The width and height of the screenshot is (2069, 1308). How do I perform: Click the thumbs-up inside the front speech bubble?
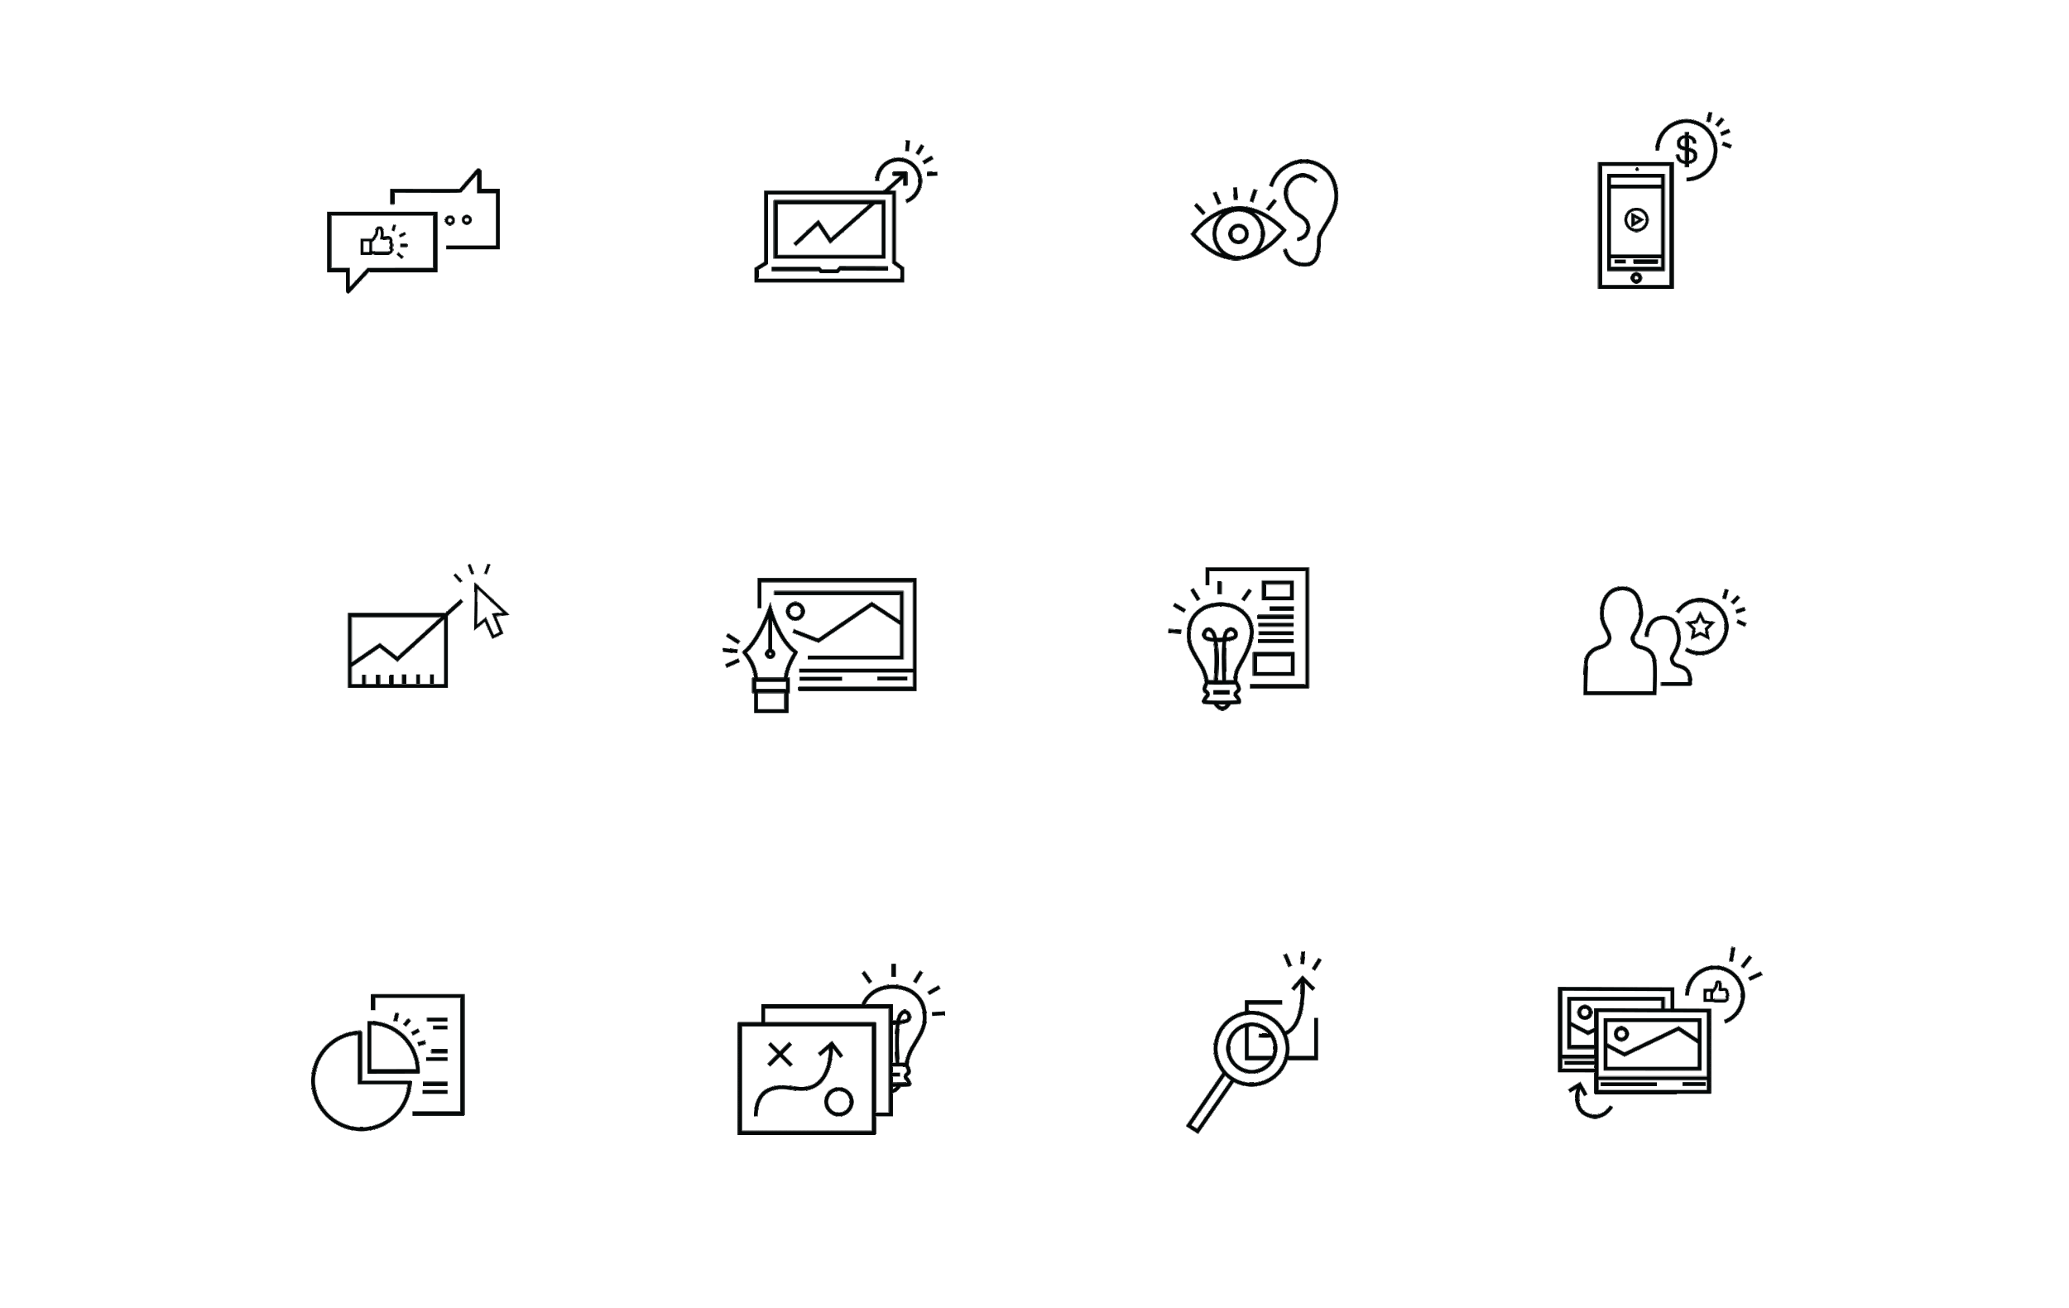[377, 243]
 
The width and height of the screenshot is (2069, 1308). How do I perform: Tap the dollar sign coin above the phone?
[1687, 150]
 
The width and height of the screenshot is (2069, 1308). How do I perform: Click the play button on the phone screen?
[1636, 220]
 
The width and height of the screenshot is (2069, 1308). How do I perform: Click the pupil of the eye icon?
[1238, 233]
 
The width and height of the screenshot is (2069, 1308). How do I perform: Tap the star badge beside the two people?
[1701, 627]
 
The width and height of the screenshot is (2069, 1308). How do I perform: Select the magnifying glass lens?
[1251, 1047]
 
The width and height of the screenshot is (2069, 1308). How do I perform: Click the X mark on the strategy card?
[780, 1055]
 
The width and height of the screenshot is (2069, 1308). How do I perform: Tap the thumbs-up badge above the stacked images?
[1715, 993]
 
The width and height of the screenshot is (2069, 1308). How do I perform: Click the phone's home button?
[1636, 277]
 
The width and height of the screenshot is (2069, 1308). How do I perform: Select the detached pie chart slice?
[391, 1046]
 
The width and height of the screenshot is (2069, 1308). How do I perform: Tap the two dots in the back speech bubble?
[458, 220]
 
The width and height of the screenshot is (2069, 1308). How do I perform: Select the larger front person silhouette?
[1620, 647]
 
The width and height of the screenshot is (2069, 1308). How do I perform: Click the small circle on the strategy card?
[838, 1102]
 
